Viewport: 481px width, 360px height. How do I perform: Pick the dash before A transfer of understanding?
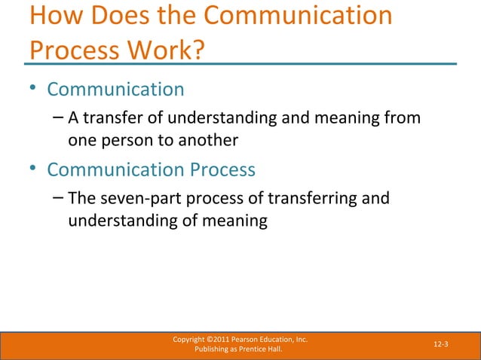[60, 118]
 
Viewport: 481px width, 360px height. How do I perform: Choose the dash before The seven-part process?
[60, 199]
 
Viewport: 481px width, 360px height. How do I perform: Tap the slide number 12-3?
[441, 344]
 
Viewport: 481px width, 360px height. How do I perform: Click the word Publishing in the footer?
[213, 350]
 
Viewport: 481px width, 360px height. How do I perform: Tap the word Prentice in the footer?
[256, 350]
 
